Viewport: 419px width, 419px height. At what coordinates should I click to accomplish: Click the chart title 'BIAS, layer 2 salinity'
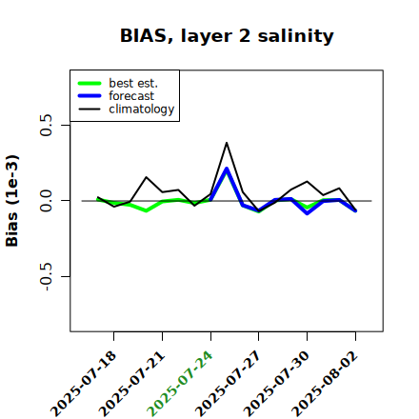(x=227, y=36)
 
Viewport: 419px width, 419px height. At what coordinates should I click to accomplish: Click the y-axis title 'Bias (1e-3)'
(x=12, y=201)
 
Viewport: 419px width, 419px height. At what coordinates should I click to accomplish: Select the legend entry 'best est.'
(x=133, y=83)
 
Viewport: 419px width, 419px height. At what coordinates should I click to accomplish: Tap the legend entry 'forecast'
(x=131, y=96)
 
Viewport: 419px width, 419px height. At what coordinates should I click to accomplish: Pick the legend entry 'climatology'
(x=142, y=110)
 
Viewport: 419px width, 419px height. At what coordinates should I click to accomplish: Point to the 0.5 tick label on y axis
(x=46, y=125)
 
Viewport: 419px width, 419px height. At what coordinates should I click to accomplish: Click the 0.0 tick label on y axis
(x=46, y=201)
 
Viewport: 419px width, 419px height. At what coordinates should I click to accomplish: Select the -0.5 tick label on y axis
(x=46, y=276)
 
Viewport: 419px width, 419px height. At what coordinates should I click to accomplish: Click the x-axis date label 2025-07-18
(x=84, y=384)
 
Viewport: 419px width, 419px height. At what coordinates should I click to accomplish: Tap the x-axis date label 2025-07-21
(x=132, y=384)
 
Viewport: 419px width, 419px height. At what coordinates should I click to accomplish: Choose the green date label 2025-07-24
(x=180, y=384)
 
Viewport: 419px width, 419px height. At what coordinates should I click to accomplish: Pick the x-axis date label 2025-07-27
(x=229, y=384)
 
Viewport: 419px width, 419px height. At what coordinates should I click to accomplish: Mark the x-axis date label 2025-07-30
(x=276, y=384)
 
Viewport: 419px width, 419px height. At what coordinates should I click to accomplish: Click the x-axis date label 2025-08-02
(x=325, y=384)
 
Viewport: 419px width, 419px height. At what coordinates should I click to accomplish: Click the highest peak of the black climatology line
(x=227, y=143)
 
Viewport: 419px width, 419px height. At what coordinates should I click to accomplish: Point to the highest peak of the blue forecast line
(x=227, y=169)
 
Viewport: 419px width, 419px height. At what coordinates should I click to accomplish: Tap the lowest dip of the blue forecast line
(x=308, y=213)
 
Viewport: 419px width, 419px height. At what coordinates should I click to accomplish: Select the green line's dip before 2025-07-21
(x=146, y=210)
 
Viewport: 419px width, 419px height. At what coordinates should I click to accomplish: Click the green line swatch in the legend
(x=90, y=83)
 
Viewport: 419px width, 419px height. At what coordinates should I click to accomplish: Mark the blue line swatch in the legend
(x=90, y=96)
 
